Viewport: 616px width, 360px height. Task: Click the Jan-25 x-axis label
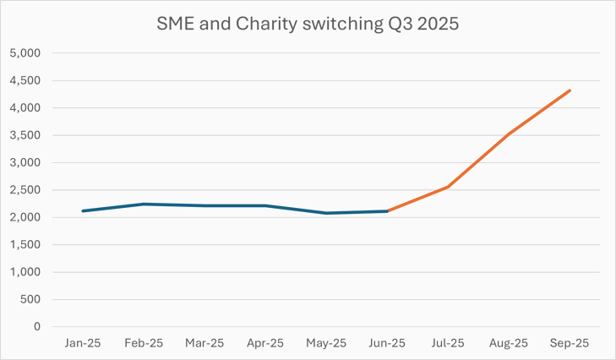click(83, 343)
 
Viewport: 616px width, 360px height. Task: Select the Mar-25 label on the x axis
click(204, 343)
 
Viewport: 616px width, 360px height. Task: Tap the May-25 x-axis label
click(326, 343)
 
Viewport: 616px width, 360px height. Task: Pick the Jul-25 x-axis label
click(448, 343)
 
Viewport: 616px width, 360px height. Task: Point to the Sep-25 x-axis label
click(570, 343)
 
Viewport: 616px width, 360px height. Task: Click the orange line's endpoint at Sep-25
click(570, 90)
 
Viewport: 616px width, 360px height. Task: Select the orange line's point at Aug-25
click(509, 134)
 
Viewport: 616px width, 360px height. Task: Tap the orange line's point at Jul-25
click(448, 187)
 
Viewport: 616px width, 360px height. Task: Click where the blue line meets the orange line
click(387, 211)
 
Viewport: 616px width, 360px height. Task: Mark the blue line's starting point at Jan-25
click(83, 210)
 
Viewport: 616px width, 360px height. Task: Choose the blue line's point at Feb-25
click(144, 204)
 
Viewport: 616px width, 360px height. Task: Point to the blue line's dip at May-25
click(326, 213)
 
